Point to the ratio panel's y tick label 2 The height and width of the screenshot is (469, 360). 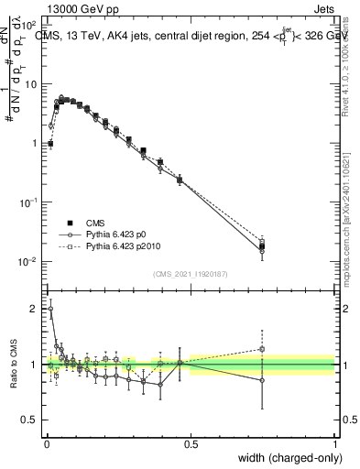pos(36,309)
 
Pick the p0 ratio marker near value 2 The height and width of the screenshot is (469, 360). pos(50,309)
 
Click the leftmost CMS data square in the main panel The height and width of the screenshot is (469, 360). pos(50,144)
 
